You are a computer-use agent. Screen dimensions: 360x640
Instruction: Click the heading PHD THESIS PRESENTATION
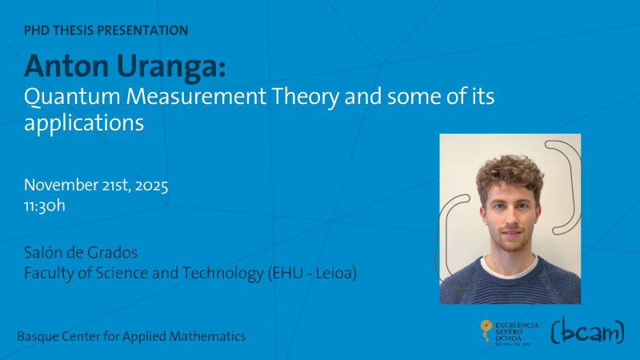coord(106,30)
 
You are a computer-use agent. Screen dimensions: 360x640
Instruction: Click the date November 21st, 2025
coord(96,186)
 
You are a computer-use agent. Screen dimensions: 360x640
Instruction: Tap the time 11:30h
coord(45,206)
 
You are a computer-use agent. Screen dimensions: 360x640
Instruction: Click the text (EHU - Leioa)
coord(310,274)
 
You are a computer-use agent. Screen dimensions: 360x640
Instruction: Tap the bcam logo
coord(589,330)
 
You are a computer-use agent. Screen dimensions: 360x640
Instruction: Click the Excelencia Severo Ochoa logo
coord(510,331)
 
